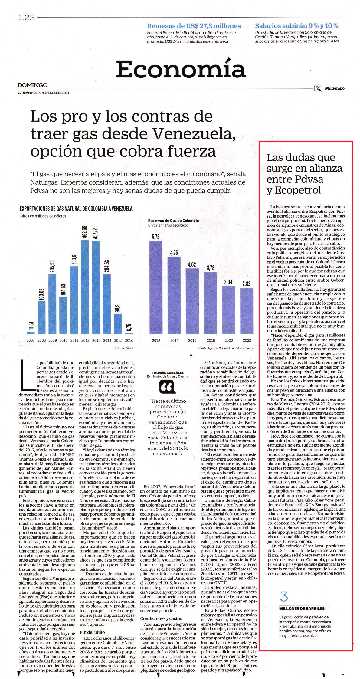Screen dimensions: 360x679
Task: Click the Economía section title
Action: (181, 69)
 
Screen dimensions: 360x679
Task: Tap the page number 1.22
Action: (26, 18)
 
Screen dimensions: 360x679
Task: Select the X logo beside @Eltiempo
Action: (318, 88)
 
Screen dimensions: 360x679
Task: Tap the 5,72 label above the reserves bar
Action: (155, 237)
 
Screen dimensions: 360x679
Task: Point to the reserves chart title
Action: (173, 221)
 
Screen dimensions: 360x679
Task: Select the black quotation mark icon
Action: (167, 387)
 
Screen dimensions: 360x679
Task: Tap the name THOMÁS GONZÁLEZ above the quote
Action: (167, 372)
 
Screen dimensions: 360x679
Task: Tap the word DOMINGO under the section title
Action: (33, 85)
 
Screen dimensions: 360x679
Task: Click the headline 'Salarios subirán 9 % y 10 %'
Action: (296, 26)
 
